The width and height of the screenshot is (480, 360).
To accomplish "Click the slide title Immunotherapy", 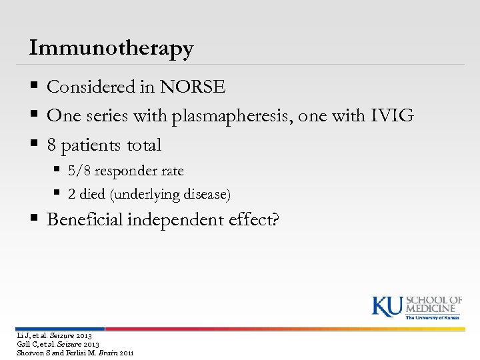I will [111, 48].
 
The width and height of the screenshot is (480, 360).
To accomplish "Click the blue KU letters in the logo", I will [387, 305].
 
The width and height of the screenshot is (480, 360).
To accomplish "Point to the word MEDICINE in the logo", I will [434, 308].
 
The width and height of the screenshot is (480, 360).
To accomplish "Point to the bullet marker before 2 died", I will [59, 195].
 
